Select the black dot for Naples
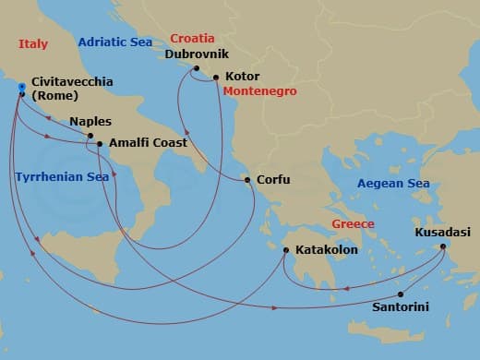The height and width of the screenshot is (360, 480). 90,136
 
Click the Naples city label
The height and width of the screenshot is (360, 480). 90,121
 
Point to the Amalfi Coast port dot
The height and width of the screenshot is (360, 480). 100,144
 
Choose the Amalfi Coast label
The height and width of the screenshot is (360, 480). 148,143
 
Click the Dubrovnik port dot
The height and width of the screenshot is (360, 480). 197,67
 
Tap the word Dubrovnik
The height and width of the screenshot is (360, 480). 195,54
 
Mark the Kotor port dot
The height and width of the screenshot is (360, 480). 216,78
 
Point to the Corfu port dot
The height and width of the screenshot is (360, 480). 247,180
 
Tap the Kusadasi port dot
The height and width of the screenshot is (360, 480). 444,246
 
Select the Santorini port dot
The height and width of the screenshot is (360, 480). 401,294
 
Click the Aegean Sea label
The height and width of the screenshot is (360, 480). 394,184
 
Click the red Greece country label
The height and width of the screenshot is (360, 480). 354,224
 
